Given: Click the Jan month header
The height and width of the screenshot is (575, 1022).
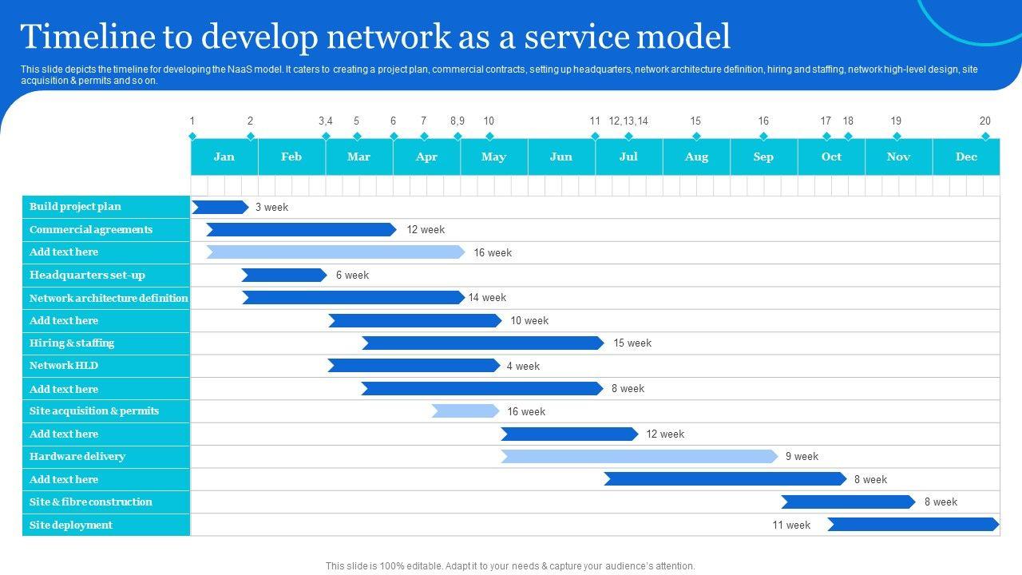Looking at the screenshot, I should [x=224, y=157].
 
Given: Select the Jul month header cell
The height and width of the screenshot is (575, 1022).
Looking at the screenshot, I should [x=628, y=157].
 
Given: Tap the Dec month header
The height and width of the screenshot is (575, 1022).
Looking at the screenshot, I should [x=966, y=157].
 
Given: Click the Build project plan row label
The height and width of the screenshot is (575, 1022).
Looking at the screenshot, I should [x=75, y=207].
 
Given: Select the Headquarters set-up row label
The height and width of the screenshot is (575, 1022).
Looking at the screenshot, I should [x=87, y=276].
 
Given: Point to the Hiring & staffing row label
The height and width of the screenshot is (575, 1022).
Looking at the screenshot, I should [x=72, y=343].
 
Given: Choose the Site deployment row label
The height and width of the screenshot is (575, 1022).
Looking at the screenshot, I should [x=71, y=525].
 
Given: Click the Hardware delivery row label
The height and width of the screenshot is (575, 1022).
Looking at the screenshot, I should [x=77, y=457].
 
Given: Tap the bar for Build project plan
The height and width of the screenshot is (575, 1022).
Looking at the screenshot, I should [x=220, y=208].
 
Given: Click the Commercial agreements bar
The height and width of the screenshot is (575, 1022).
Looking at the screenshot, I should [x=301, y=230].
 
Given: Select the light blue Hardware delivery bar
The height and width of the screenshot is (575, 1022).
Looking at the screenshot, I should [x=639, y=457].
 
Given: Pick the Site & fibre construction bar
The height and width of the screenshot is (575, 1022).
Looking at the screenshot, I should [x=848, y=502].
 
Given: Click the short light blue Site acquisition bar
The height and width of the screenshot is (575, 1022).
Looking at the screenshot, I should [x=465, y=411].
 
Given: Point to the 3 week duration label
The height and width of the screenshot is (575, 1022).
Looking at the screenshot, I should [x=271, y=208].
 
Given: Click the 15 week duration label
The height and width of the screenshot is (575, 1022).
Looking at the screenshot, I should [x=632, y=343].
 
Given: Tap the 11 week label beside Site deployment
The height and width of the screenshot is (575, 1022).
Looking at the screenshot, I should [x=790, y=525].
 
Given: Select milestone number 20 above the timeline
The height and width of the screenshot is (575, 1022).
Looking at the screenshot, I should [x=985, y=121].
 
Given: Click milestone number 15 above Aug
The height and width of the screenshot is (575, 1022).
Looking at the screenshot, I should [x=695, y=121].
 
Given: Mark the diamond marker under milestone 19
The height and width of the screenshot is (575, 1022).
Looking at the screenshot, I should [x=897, y=136].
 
